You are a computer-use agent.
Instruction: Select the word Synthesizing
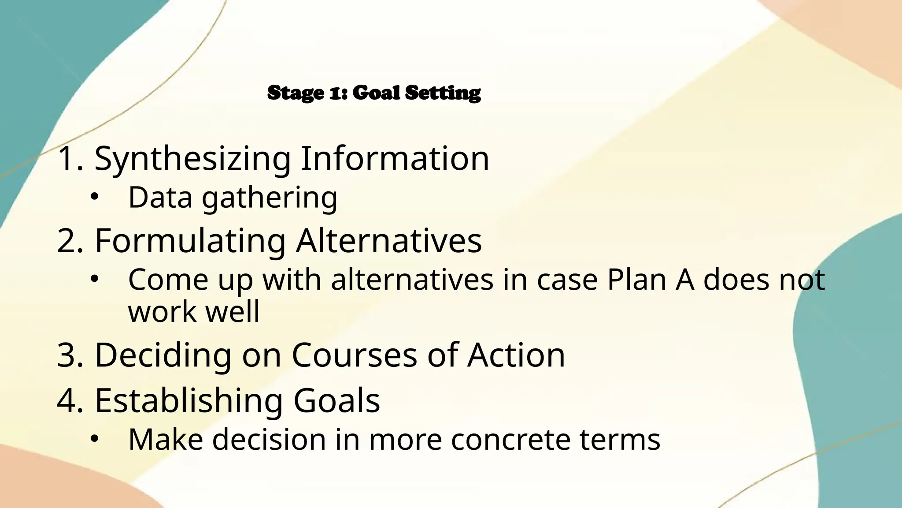[x=192, y=159]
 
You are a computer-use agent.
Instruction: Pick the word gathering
[x=270, y=198]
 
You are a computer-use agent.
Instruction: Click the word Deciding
[x=163, y=355]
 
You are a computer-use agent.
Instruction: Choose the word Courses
[x=354, y=355]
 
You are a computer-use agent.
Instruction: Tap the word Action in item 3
[x=516, y=355]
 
